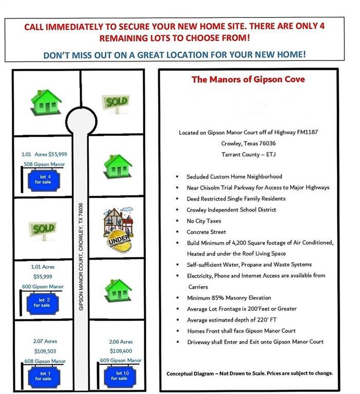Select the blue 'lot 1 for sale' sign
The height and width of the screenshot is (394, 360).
(x=43, y=376)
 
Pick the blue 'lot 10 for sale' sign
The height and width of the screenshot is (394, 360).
(x=119, y=376)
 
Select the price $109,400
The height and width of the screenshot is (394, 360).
(x=121, y=352)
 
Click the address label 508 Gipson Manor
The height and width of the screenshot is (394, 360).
(x=45, y=164)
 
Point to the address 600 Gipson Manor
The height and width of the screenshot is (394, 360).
(x=44, y=286)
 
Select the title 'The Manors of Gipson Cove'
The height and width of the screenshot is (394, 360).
(x=248, y=80)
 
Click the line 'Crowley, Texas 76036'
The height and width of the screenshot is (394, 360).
(x=248, y=143)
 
